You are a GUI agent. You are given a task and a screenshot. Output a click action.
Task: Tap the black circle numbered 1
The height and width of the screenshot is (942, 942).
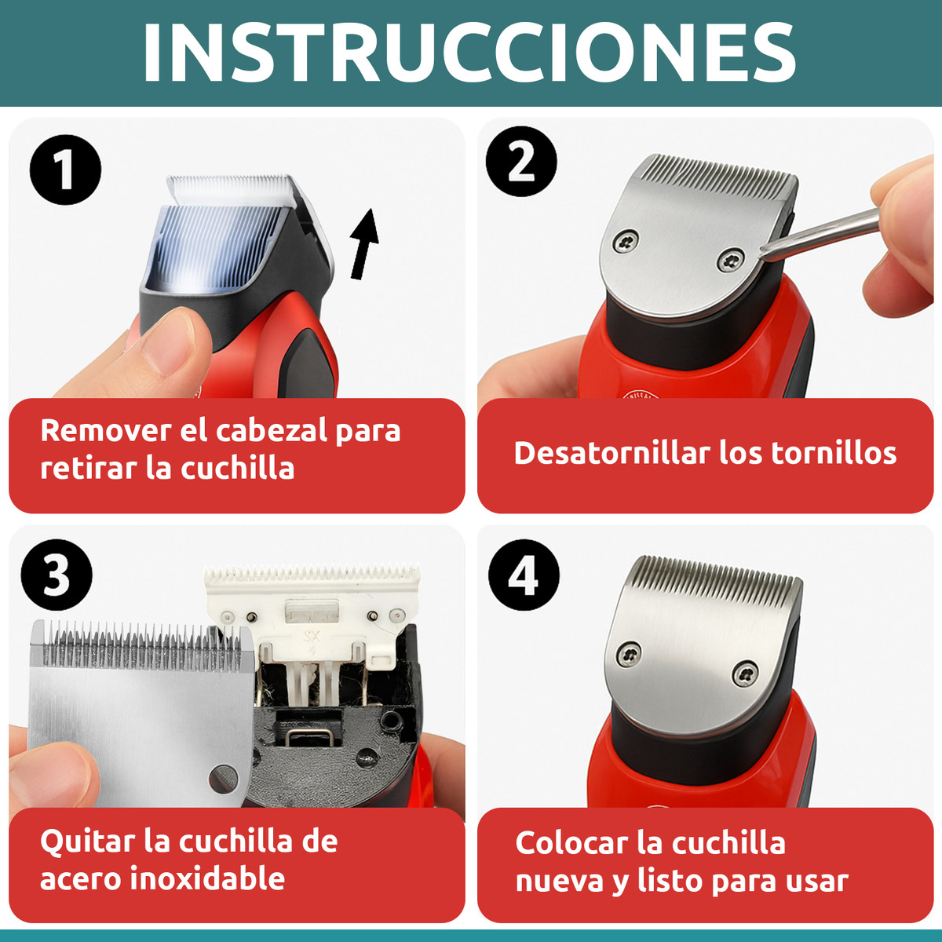(x=65, y=170)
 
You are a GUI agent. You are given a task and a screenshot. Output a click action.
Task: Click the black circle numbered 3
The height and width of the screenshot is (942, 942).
(x=56, y=575)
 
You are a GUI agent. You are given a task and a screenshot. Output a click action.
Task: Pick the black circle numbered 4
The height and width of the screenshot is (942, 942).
(x=524, y=575)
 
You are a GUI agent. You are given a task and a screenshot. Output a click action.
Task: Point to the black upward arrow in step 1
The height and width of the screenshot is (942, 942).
(x=364, y=243)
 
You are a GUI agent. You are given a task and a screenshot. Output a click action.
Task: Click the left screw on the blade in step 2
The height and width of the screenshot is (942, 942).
(x=626, y=241)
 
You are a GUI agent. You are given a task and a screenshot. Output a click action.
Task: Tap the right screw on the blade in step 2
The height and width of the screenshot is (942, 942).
(x=732, y=259)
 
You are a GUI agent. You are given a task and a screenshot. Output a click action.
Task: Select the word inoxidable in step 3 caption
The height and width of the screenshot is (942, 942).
(x=207, y=878)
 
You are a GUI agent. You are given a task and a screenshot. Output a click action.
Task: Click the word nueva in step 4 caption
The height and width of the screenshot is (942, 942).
(x=559, y=880)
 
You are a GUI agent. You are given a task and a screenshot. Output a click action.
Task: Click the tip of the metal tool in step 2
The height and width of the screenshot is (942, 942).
(x=764, y=250)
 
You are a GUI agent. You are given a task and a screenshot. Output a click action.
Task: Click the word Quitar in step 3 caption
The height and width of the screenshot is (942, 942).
(x=87, y=841)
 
